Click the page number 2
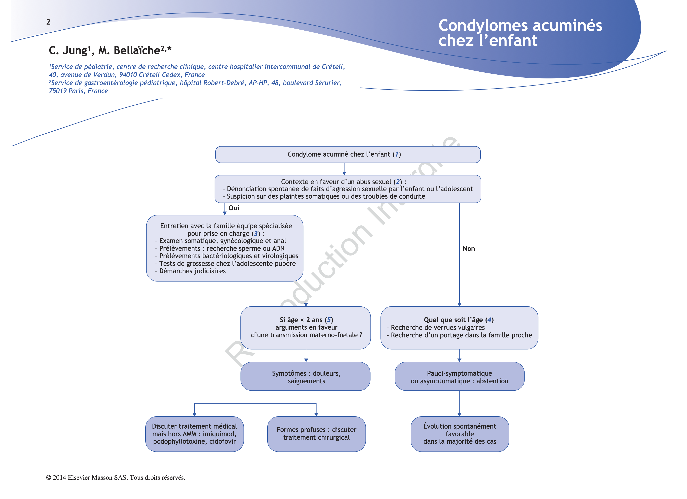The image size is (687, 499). (x=48, y=22)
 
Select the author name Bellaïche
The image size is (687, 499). (x=137, y=50)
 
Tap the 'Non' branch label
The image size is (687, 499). (x=469, y=248)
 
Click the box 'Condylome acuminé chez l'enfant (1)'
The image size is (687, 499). (x=348, y=154)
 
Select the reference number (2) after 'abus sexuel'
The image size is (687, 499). (x=398, y=182)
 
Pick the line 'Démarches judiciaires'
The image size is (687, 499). (x=192, y=271)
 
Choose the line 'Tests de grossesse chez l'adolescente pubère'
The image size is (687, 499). (x=227, y=263)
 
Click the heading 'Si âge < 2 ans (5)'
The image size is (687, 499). (x=306, y=320)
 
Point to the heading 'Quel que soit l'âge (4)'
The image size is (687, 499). (x=459, y=320)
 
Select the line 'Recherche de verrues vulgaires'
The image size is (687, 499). (x=437, y=327)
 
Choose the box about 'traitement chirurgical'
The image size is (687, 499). (x=316, y=434)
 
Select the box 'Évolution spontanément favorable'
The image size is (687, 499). (x=460, y=434)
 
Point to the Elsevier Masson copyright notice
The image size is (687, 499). (x=115, y=477)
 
